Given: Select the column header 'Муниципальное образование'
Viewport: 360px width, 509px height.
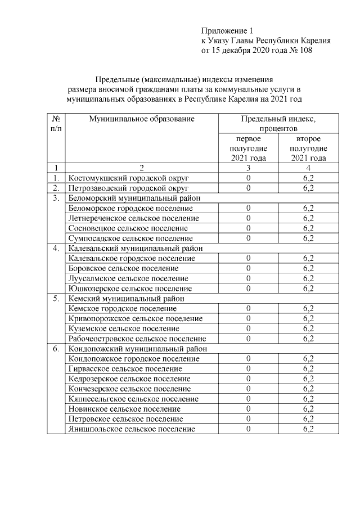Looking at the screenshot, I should point(141,119).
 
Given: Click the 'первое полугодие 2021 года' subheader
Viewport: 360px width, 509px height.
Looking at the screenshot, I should point(248,148).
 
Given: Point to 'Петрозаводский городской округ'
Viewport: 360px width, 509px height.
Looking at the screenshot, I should point(128,188).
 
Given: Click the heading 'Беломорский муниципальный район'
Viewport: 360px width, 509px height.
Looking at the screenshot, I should point(134,198).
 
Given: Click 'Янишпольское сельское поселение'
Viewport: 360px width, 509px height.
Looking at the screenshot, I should point(132,429).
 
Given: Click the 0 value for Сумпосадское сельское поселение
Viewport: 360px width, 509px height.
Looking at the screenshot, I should point(248,238).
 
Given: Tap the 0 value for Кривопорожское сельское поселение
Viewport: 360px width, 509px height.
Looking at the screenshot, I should point(248,318).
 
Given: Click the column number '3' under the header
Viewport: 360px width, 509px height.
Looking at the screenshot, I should point(248,168).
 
